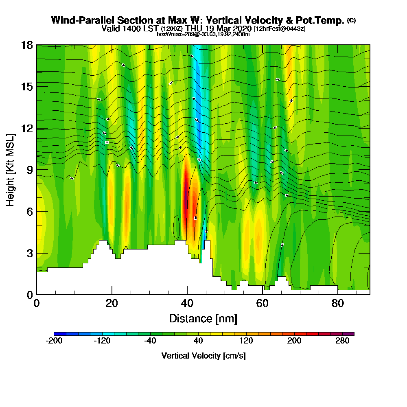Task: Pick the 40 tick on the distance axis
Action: pos(187,304)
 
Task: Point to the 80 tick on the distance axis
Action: pos(337,304)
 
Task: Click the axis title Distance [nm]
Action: pos(203,318)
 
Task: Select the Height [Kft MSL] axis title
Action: pos(11,170)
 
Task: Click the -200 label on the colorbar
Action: pos(54,341)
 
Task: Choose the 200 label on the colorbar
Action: pos(294,341)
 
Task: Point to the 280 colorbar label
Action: pos(342,341)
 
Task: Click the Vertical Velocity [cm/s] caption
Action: pos(203,356)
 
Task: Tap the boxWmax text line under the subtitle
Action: pos(203,34)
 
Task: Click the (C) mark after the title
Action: pos(351,20)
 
